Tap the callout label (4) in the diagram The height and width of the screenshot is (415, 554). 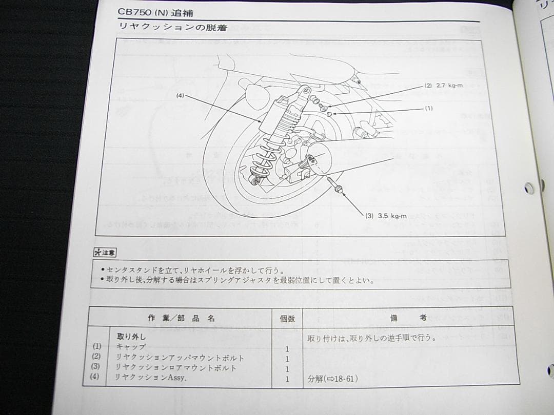pyautogui.click(x=180, y=95)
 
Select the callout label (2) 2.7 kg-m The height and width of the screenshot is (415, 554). pyautogui.click(x=444, y=86)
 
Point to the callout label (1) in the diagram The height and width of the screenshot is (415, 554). pyautogui.click(x=429, y=109)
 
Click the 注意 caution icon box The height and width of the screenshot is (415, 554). pyautogui.click(x=105, y=252)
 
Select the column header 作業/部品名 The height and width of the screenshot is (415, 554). pyautogui.click(x=181, y=318)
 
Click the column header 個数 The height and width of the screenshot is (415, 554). pyautogui.click(x=287, y=318)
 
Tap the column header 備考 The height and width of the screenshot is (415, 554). pyautogui.click(x=408, y=318)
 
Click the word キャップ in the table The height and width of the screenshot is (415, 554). pyautogui.click(x=131, y=346)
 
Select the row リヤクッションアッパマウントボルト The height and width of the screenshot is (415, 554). pyautogui.click(x=180, y=357)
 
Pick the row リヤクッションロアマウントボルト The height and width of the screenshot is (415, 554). pyautogui.click(x=176, y=367)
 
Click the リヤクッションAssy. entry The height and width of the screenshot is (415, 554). pyautogui.click(x=151, y=378)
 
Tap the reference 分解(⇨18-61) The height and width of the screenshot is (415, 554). pyautogui.click(x=332, y=379)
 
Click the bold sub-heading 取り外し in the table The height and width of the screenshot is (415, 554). pyautogui.click(x=131, y=337)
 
